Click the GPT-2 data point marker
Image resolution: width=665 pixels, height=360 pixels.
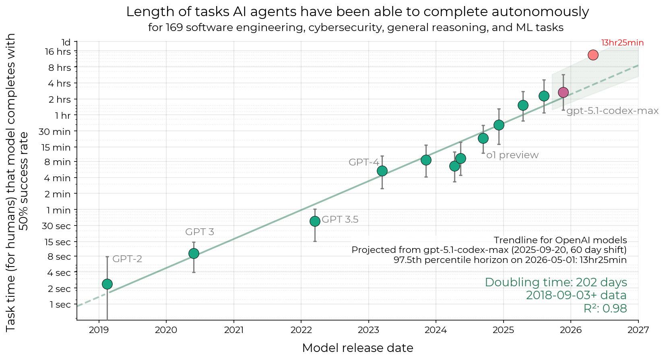[x=107, y=284]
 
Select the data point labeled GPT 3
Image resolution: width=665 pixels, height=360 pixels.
[x=194, y=253]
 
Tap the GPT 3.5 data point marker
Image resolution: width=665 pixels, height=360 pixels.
[x=315, y=221]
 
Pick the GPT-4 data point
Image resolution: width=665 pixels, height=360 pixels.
[x=382, y=171]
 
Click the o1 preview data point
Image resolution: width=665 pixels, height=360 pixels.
[x=483, y=138]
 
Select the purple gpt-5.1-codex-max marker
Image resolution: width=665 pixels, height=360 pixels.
[x=563, y=92]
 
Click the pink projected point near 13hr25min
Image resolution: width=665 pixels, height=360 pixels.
[x=593, y=55]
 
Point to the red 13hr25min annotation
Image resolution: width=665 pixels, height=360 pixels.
[x=622, y=43]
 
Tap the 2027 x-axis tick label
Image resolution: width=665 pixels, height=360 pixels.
[x=638, y=331]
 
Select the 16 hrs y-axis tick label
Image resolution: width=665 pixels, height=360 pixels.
[x=58, y=52]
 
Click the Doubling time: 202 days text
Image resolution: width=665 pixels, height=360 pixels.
[x=556, y=282]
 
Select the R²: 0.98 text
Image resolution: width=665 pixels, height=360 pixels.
[x=605, y=309]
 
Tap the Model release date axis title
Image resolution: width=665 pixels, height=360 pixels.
[x=357, y=348]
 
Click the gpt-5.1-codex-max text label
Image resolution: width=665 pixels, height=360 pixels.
[x=612, y=111]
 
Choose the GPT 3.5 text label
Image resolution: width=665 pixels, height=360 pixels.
[x=340, y=219]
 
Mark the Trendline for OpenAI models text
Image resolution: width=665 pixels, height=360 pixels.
[x=560, y=240]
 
